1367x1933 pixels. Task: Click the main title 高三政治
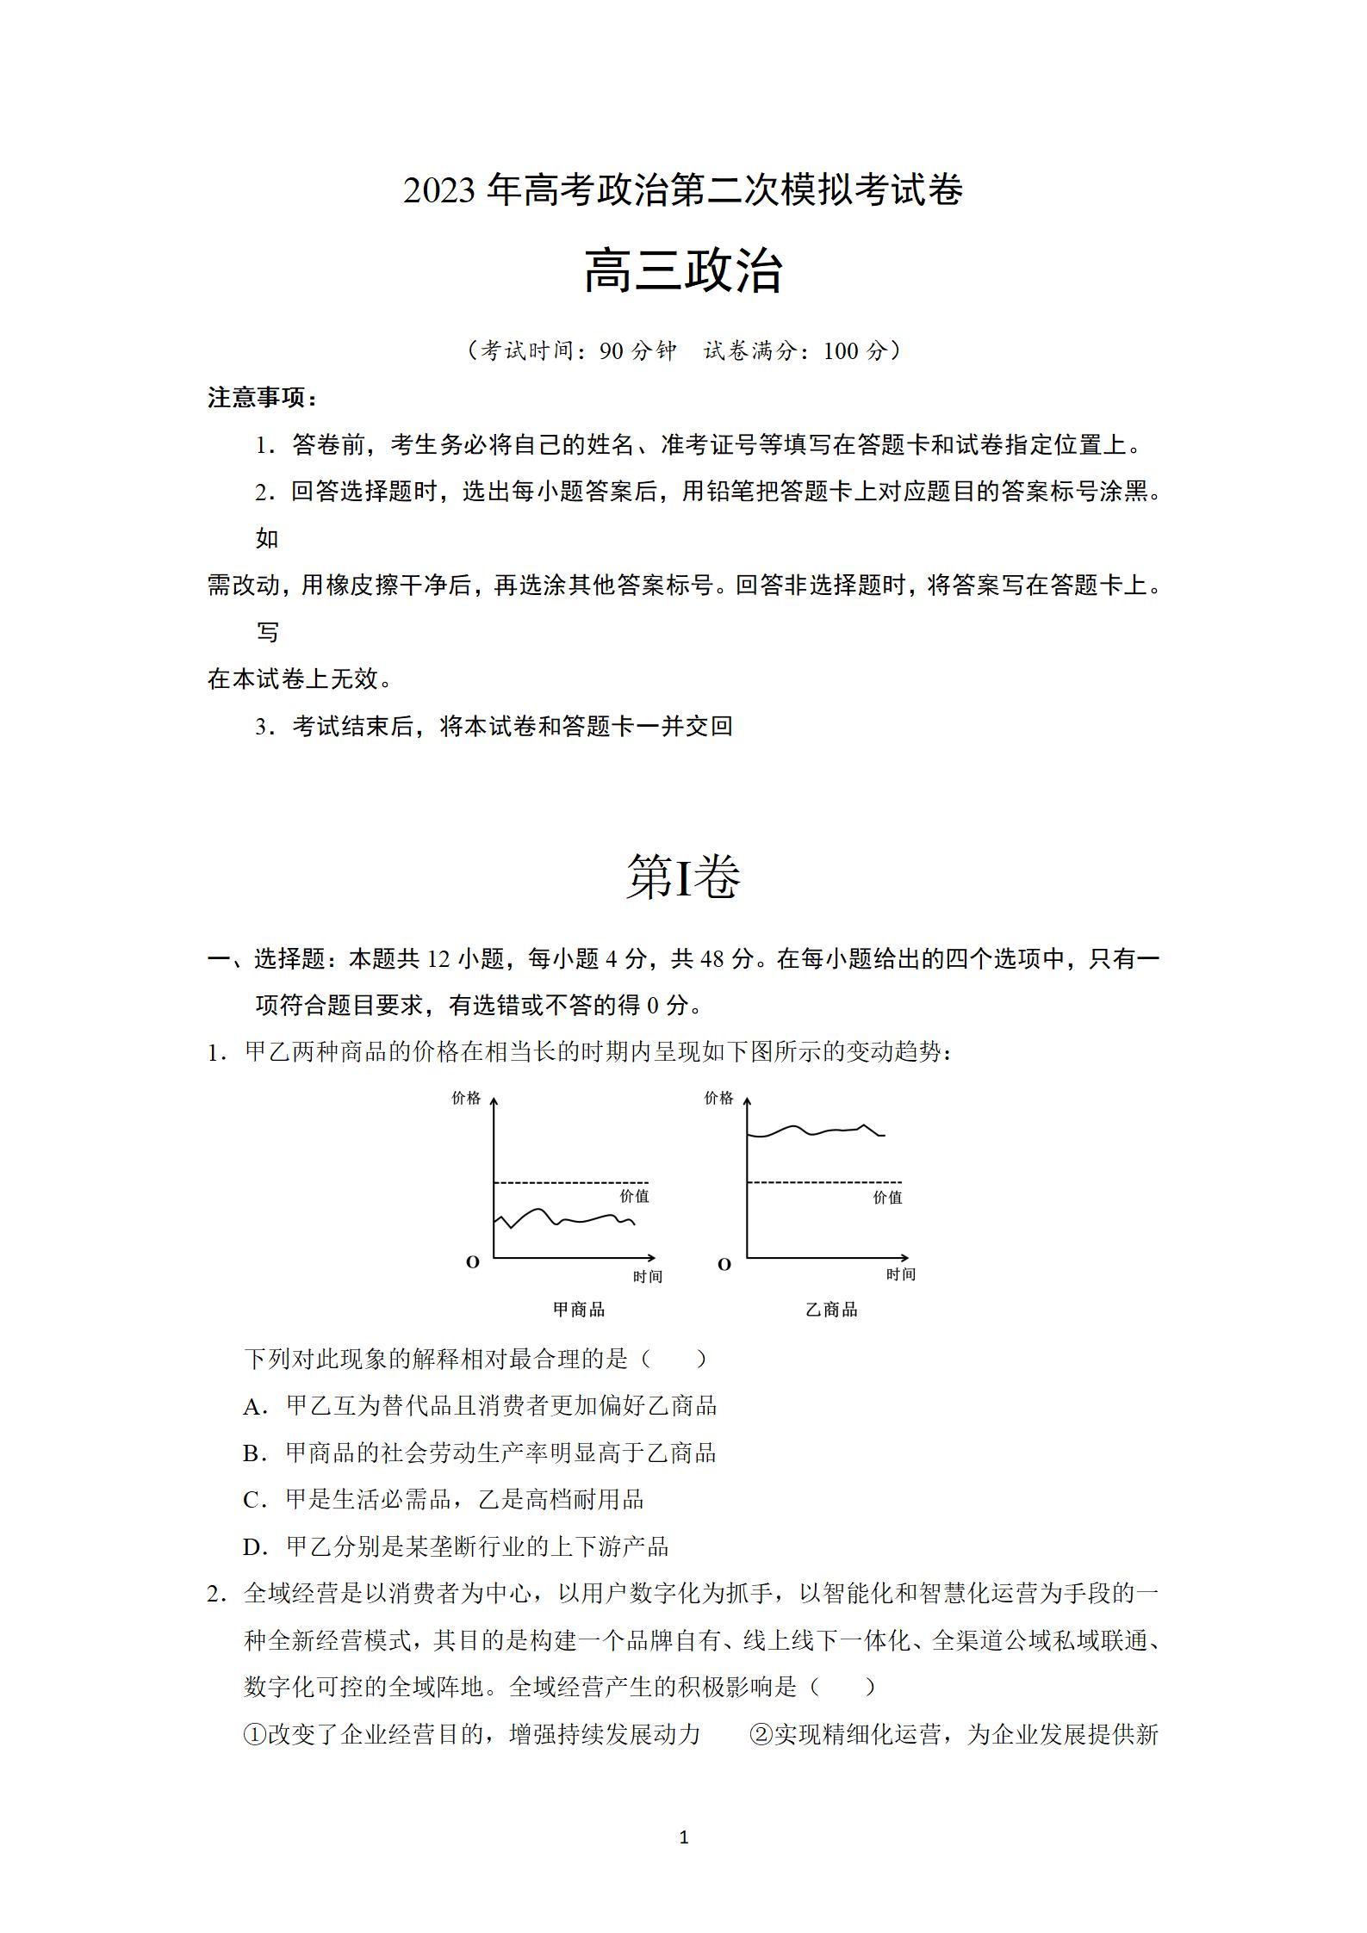click(683, 271)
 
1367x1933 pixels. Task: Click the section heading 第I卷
click(683, 877)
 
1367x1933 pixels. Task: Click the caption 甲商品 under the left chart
click(579, 1310)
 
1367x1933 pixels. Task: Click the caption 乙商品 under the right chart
click(831, 1310)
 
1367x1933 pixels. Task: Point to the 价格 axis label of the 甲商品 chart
click(466, 1098)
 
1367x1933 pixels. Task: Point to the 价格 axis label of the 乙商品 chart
click(718, 1098)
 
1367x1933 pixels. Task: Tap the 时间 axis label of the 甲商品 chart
click(648, 1276)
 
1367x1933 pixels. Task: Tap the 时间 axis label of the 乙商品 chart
click(901, 1274)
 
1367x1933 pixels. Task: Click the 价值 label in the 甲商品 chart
click(635, 1196)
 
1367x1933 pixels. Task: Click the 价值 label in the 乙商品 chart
click(887, 1197)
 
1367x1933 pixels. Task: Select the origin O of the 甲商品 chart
click(472, 1262)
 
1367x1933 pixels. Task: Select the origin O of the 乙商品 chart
click(724, 1264)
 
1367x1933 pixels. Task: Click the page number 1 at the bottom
click(684, 1837)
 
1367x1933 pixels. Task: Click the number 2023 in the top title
click(439, 190)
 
